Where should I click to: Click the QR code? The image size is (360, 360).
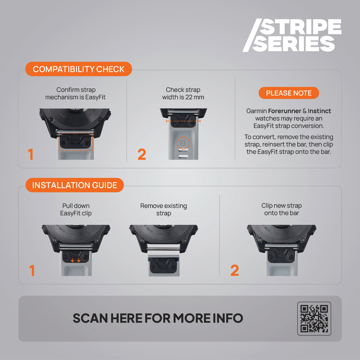pyautogui.click(x=314, y=319)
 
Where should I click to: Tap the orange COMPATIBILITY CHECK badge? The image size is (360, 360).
pyautogui.click(x=79, y=69)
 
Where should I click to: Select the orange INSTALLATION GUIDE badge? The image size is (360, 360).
pyautogui.click(x=74, y=185)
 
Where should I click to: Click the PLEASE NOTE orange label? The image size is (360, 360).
pyautogui.click(x=289, y=93)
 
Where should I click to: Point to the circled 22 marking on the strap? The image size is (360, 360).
pyautogui.click(x=183, y=143)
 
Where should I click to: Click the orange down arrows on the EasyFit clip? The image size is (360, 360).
pyautogui.click(x=76, y=260)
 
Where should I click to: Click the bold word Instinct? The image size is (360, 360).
pyautogui.click(x=319, y=111)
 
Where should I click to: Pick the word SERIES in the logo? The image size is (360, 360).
pyautogui.click(x=293, y=44)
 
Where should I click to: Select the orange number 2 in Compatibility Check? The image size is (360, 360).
pyautogui.click(x=142, y=154)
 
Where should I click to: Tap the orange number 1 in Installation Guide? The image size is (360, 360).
pyautogui.click(x=32, y=271)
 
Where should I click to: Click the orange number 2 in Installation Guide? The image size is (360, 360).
pyautogui.click(x=235, y=270)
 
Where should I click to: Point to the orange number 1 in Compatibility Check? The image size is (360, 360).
pyautogui.click(x=31, y=154)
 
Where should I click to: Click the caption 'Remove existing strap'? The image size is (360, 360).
pyautogui.click(x=163, y=209)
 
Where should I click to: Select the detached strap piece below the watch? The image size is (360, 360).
pyautogui.click(x=164, y=265)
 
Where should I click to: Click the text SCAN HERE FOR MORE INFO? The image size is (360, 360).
pyautogui.click(x=158, y=318)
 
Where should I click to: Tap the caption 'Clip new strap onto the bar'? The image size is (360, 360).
pyautogui.click(x=281, y=209)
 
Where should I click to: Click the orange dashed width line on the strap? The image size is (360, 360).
pyautogui.click(x=183, y=121)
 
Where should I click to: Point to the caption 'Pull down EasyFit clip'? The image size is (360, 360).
pyautogui.click(x=76, y=209)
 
